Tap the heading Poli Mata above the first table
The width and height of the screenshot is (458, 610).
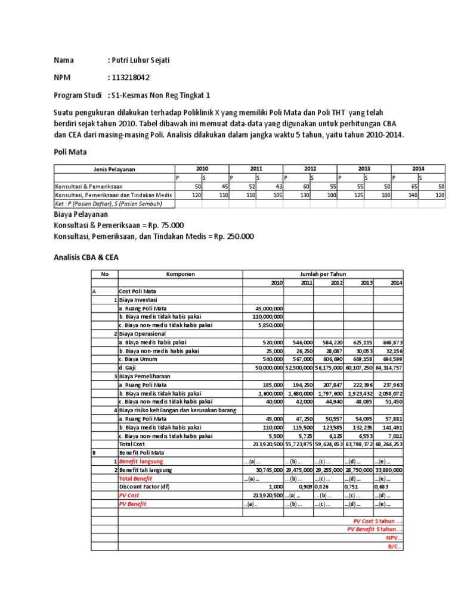[x=70, y=152]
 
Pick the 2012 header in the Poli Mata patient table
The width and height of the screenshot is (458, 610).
[x=310, y=169]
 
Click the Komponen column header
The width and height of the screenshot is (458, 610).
[x=180, y=274]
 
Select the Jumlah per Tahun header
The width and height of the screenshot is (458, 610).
[x=323, y=274]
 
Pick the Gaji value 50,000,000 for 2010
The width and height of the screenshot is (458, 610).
[x=264, y=368]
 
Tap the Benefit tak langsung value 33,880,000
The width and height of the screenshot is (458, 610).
[x=389, y=469]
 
